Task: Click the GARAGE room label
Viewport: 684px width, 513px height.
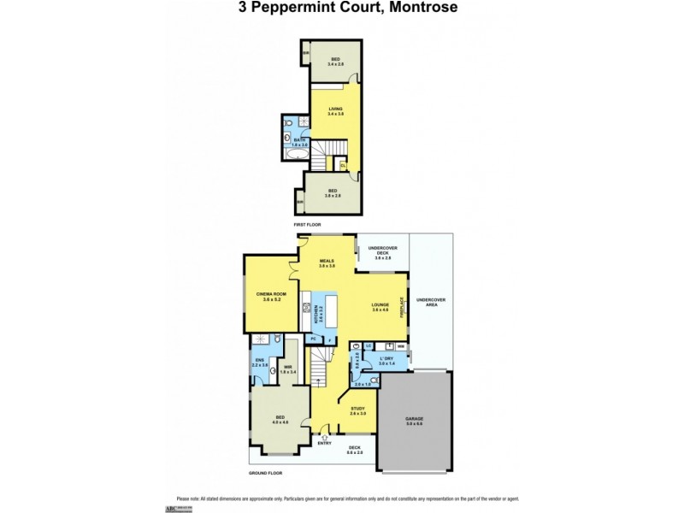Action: click(x=414, y=419)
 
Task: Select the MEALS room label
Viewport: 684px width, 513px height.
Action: click(x=326, y=262)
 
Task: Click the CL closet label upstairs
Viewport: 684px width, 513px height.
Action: click(x=343, y=164)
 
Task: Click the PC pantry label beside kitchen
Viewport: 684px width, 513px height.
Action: click(x=313, y=339)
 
